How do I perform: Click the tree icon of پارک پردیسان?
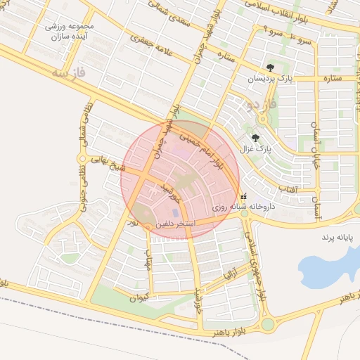[x=271, y=67]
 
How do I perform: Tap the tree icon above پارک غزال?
[x=255, y=138]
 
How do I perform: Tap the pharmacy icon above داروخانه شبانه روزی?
[x=243, y=197]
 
